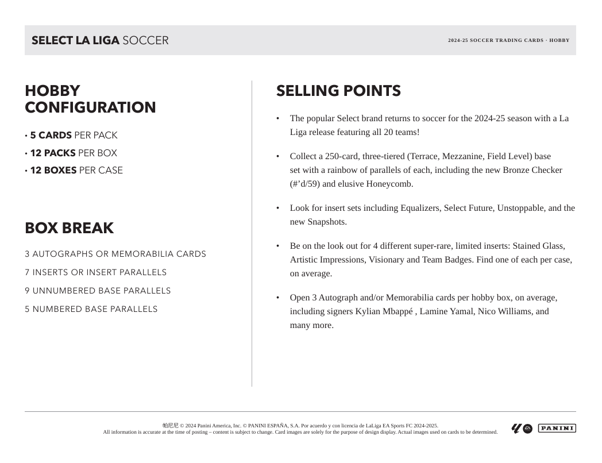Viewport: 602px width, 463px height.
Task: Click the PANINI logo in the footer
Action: pos(557,428)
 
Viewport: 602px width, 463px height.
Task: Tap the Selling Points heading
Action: pos(338,91)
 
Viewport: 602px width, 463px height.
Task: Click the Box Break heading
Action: pos(69,228)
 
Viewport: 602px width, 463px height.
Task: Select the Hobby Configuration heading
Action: pos(90,99)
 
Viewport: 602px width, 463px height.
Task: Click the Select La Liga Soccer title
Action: pos(100,41)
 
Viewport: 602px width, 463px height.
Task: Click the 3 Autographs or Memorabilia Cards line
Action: pos(115,254)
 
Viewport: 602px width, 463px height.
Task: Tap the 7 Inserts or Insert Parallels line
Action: pos(95,272)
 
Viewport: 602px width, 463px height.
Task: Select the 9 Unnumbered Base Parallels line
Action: pos(98,291)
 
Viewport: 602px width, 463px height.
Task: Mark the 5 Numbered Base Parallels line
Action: pos(91,309)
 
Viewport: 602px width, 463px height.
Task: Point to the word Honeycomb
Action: pos(392,184)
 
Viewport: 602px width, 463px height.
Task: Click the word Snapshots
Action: pos(327,222)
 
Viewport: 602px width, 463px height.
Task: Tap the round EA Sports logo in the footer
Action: pos(528,429)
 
